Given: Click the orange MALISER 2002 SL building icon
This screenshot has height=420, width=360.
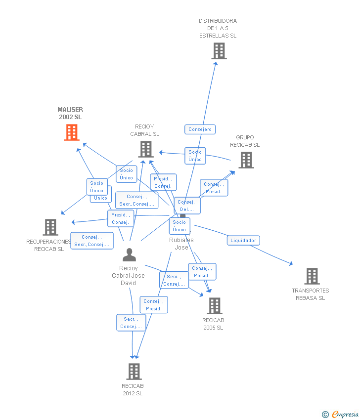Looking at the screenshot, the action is point(72,132).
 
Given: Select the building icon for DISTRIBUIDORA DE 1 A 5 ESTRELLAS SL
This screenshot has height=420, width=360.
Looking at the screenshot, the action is point(219,51).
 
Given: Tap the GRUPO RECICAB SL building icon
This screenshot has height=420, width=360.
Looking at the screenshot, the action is point(246,160).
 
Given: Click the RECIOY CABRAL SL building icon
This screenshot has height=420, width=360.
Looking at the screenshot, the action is point(145,149).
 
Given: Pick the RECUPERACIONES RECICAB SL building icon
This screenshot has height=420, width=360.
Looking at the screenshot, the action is point(50,227).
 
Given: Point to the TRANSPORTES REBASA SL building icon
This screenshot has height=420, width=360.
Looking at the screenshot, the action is point(312,276).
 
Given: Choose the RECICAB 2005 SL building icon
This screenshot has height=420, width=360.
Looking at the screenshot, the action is point(214,306).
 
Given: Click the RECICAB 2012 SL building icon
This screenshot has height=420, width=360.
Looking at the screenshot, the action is point(134,372).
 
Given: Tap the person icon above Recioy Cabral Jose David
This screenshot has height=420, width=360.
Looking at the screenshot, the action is point(129,255).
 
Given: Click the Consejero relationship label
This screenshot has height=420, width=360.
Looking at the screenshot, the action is point(200,129).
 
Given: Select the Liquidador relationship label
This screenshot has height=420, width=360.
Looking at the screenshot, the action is point(243,241).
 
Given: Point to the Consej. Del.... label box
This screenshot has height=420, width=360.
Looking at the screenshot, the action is point(187,206).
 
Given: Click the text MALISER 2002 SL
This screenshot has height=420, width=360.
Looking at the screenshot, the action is point(70,113).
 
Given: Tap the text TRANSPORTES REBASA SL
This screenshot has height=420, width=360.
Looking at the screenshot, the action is point(311,294).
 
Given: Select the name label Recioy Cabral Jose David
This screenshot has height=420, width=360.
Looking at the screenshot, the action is point(128,276).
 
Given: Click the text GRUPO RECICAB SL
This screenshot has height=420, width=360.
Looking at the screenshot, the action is point(245,141).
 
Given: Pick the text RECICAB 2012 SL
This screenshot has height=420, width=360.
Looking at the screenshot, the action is point(133,390).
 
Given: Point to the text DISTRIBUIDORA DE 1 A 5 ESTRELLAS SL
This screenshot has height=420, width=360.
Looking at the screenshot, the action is point(218,28).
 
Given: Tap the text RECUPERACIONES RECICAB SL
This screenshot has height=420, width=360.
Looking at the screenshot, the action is point(49,246).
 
